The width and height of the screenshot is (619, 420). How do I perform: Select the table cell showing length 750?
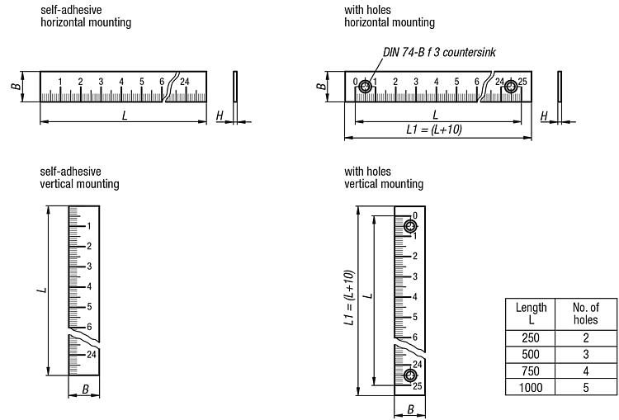click(532, 372)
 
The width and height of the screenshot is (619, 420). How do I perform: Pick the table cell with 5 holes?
click(585, 387)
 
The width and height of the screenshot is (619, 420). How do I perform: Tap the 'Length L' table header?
click(532, 313)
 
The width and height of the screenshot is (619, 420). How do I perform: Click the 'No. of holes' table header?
click(585, 313)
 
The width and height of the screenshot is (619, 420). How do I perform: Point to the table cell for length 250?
click(532, 337)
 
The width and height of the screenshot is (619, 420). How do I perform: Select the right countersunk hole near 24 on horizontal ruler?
click(512, 86)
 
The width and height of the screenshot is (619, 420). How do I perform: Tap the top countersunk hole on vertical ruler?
click(410, 226)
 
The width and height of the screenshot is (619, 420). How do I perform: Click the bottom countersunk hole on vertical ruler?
click(410, 376)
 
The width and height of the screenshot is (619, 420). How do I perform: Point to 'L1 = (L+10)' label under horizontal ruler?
click(434, 130)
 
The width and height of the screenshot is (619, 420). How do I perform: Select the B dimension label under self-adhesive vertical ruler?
click(84, 388)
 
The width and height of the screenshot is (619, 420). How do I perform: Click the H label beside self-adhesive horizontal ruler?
click(220, 116)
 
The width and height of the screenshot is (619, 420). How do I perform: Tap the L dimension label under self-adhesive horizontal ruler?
click(125, 116)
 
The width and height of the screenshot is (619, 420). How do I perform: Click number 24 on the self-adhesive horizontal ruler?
click(185, 81)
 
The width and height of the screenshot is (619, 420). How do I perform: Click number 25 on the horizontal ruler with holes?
click(522, 81)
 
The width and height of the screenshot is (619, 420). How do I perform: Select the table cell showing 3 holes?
click(585, 355)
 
